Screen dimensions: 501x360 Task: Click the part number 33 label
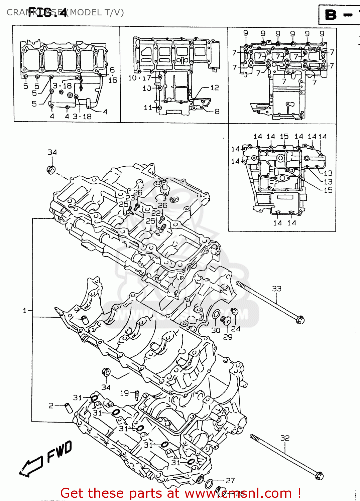[276, 289]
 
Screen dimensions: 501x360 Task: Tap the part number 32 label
[285, 438]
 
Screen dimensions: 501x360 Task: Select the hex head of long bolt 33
[300, 320]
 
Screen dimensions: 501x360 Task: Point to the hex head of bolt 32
[320, 476]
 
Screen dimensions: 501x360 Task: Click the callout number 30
[216, 330]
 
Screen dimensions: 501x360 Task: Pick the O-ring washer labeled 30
[216, 315]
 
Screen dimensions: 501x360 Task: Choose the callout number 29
[228, 337]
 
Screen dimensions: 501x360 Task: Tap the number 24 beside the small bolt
[236, 329]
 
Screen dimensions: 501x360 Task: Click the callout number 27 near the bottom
[230, 481]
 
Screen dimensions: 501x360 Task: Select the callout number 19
[124, 393]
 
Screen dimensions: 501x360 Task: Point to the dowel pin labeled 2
[69, 408]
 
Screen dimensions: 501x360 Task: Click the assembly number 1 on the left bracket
[25, 311]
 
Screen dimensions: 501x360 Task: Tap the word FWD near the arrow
[59, 452]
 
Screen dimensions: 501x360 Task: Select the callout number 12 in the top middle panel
[215, 88]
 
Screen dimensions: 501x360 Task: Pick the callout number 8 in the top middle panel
[217, 112]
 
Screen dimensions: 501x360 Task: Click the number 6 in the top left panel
[112, 70]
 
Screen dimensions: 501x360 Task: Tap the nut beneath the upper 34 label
[51, 170]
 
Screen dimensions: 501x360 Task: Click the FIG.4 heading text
[47, 12]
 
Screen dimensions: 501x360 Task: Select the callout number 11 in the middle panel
[148, 108]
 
